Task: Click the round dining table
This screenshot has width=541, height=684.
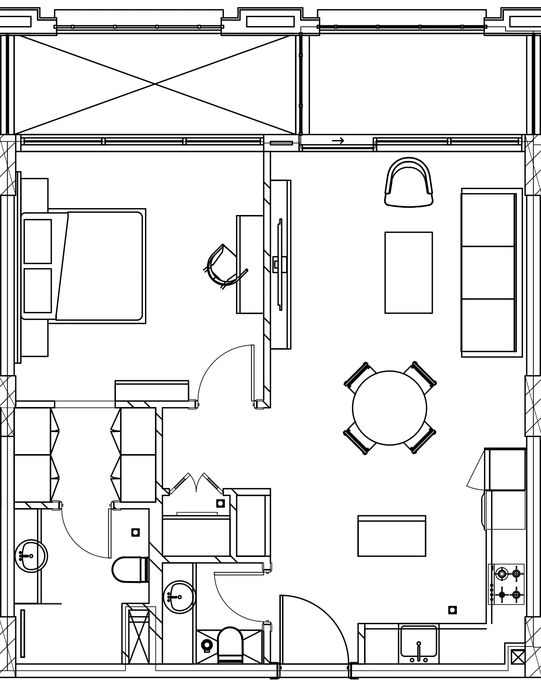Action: (x=389, y=408)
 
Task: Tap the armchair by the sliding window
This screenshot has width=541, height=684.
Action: (x=409, y=182)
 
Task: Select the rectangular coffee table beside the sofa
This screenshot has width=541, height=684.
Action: (x=409, y=272)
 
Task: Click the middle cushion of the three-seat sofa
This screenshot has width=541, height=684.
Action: (x=488, y=272)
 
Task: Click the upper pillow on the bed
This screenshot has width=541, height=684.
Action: (x=37, y=241)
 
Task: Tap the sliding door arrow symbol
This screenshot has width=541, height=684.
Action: (x=338, y=141)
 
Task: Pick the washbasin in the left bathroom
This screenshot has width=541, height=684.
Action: (x=31, y=556)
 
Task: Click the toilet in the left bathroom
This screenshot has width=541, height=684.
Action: (x=129, y=570)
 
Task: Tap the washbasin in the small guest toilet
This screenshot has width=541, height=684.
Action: (x=179, y=597)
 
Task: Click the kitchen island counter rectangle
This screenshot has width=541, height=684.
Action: (x=392, y=536)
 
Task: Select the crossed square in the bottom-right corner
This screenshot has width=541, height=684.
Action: (x=517, y=657)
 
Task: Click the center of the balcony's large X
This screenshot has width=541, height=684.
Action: (x=155, y=84)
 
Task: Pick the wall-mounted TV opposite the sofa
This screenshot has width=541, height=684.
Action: (x=280, y=264)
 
